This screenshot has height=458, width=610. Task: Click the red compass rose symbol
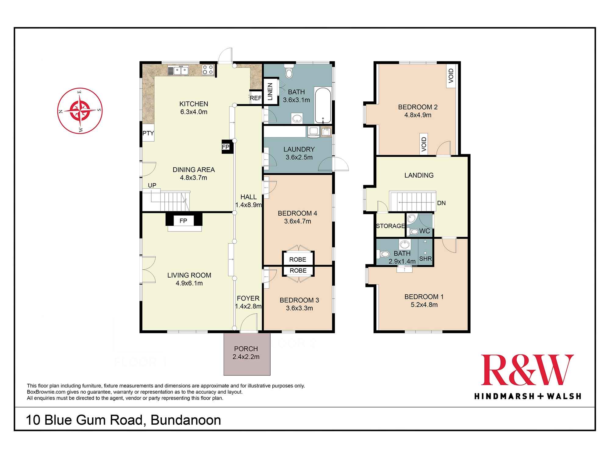[x=80, y=111]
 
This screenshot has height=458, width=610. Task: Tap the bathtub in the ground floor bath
[x=322, y=105]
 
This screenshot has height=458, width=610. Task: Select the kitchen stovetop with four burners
[x=208, y=70]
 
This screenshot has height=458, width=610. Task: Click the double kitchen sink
[x=178, y=71]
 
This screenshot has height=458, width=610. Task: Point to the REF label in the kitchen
[x=256, y=98]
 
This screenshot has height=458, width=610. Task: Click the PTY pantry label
[x=148, y=133]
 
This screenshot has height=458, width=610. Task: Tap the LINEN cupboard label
[x=270, y=92]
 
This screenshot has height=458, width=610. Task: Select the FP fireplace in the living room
[x=184, y=220]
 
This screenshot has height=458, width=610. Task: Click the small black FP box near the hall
[x=226, y=147]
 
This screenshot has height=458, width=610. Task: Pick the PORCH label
[x=246, y=349]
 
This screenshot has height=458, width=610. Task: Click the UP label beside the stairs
[x=152, y=185]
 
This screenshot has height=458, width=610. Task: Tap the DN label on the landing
[x=441, y=203]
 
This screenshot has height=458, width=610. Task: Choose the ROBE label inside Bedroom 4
[x=298, y=260]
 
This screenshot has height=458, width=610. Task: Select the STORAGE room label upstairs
[x=390, y=226]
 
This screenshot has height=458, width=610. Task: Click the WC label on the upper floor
[x=425, y=231]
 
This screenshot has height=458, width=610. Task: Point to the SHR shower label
[x=425, y=259]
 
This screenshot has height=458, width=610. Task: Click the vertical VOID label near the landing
[x=424, y=144]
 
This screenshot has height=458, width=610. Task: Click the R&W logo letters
[x=527, y=370]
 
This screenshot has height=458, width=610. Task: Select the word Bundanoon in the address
[x=186, y=420]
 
